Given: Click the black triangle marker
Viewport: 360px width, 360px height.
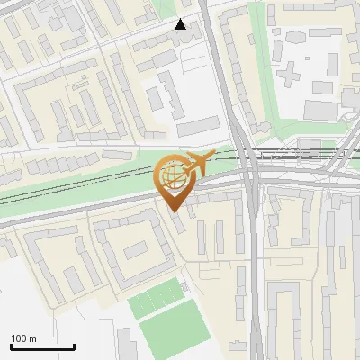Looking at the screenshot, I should coord(181,24).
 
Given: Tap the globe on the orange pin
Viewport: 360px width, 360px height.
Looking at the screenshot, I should coord(172,175).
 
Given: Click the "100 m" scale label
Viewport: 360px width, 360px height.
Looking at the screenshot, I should coord(23,337).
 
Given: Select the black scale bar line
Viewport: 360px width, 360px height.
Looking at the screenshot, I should coord(42,346).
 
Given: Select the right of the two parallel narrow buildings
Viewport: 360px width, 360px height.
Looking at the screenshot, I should coord(220,236).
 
